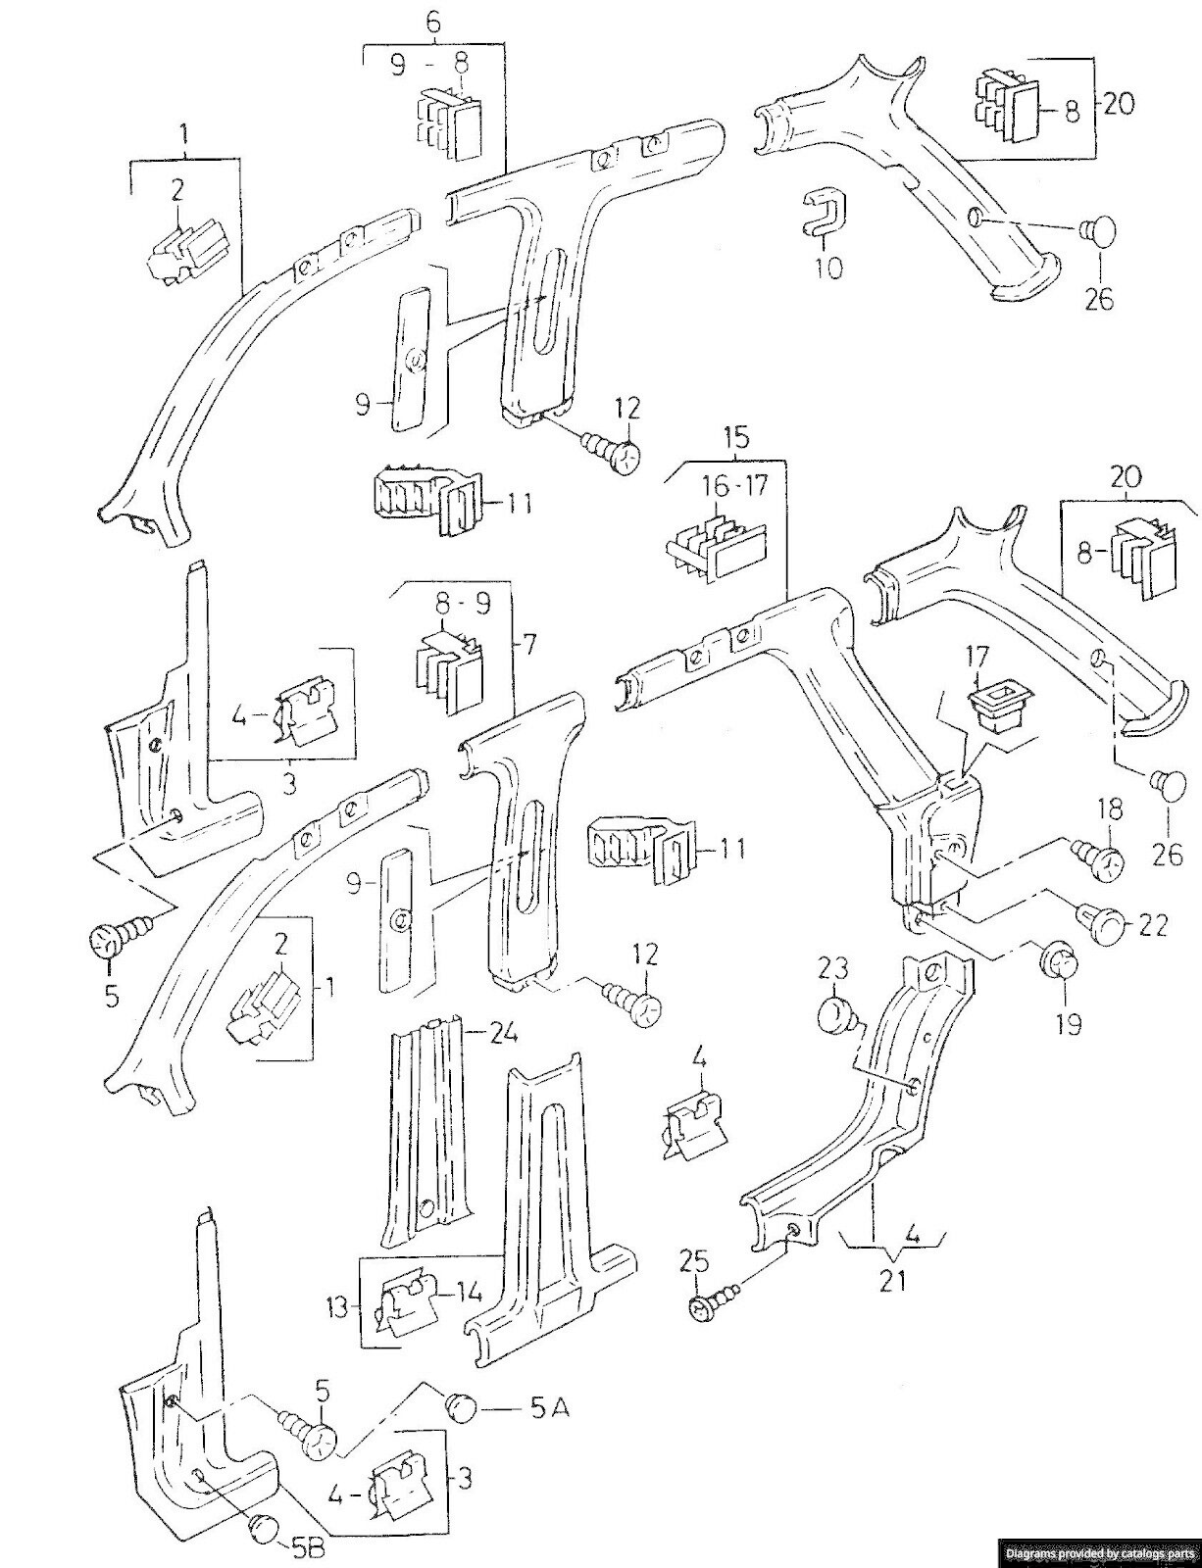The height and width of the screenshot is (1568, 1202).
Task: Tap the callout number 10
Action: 829,266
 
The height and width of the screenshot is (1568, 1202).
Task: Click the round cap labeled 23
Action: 835,1014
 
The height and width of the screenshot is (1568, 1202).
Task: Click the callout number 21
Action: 892,1280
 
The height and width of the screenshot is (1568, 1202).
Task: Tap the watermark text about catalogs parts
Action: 1097,1552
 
